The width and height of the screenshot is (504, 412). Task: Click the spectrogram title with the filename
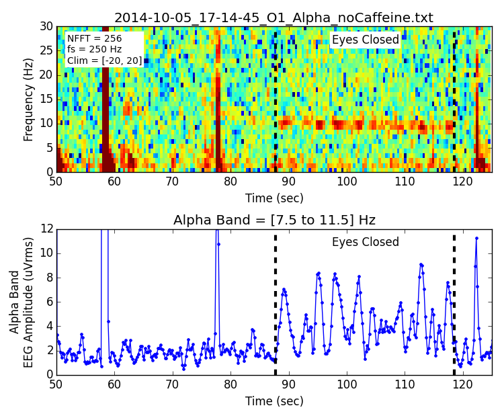coord(274,18)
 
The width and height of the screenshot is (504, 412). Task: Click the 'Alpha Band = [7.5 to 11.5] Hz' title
coord(274,220)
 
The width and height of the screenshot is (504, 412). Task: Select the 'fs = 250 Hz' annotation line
coord(95,50)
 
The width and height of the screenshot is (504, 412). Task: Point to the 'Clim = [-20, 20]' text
coord(105,60)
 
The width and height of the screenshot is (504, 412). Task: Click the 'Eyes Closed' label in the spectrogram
coord(365,40)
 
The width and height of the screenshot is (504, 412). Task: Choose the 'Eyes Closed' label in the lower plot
coord(365,243)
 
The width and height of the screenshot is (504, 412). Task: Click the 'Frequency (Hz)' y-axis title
coord(29,99)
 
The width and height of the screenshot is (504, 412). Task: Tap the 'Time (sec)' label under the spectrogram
coord(274,198)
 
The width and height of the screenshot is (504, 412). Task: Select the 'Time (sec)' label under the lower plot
coord(274,401)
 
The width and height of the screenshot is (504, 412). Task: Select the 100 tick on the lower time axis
coord(347,384)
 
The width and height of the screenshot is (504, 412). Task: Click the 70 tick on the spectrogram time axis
coord(173,182)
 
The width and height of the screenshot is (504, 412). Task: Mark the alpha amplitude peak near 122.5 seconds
coord(476,238)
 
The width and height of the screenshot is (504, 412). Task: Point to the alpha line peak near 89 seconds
coord(284,289)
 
